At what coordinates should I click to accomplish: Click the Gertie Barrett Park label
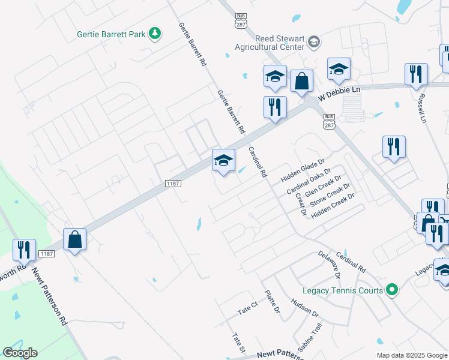111,34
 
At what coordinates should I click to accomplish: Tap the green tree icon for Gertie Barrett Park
155,33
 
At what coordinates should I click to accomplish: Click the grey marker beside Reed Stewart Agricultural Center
313,42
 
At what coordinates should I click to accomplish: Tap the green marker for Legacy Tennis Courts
393,290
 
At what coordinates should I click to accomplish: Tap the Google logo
20,353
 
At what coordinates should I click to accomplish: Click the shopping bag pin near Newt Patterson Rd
75,240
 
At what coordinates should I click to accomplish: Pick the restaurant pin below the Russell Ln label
394,147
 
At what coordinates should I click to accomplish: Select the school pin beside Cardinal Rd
223,160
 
